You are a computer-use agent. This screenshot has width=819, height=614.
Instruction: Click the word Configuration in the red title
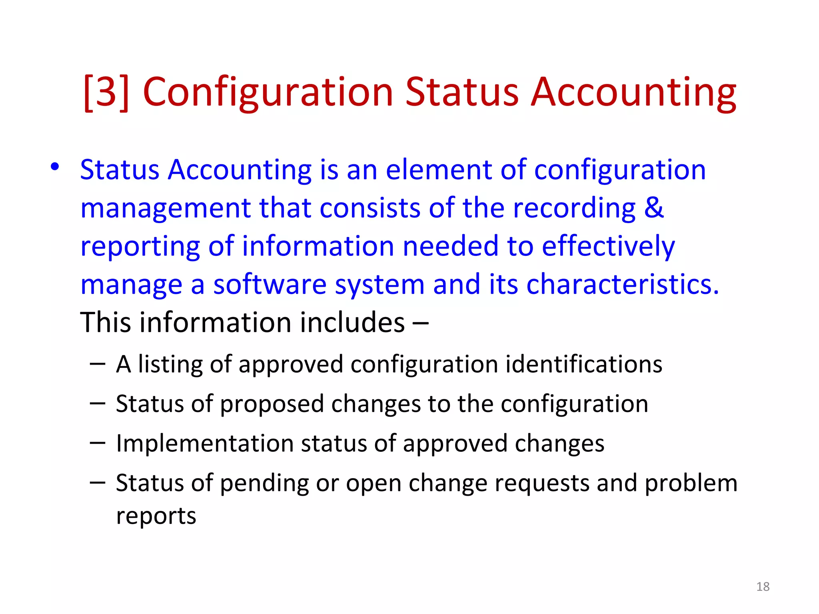click(268, 93)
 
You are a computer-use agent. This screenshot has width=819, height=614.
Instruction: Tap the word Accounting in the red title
click(633, 93)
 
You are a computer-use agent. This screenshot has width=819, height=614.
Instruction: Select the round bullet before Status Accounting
click(55, 167)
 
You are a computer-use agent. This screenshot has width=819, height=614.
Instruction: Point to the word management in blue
click(165, 209)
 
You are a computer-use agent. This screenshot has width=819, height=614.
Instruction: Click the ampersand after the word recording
click(654, 208)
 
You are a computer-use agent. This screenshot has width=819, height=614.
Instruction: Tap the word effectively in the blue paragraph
click(608, 246)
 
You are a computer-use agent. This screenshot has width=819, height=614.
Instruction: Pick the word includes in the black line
click(352, 323)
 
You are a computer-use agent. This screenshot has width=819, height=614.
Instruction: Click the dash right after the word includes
click(420, 323)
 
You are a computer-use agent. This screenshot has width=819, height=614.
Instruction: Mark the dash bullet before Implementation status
click(98, 443)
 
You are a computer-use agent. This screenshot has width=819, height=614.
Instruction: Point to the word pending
click(264, 483)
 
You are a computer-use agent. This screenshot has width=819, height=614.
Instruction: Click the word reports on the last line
click(156, 516)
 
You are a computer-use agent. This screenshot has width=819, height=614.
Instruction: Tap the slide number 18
click(763, 586)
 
